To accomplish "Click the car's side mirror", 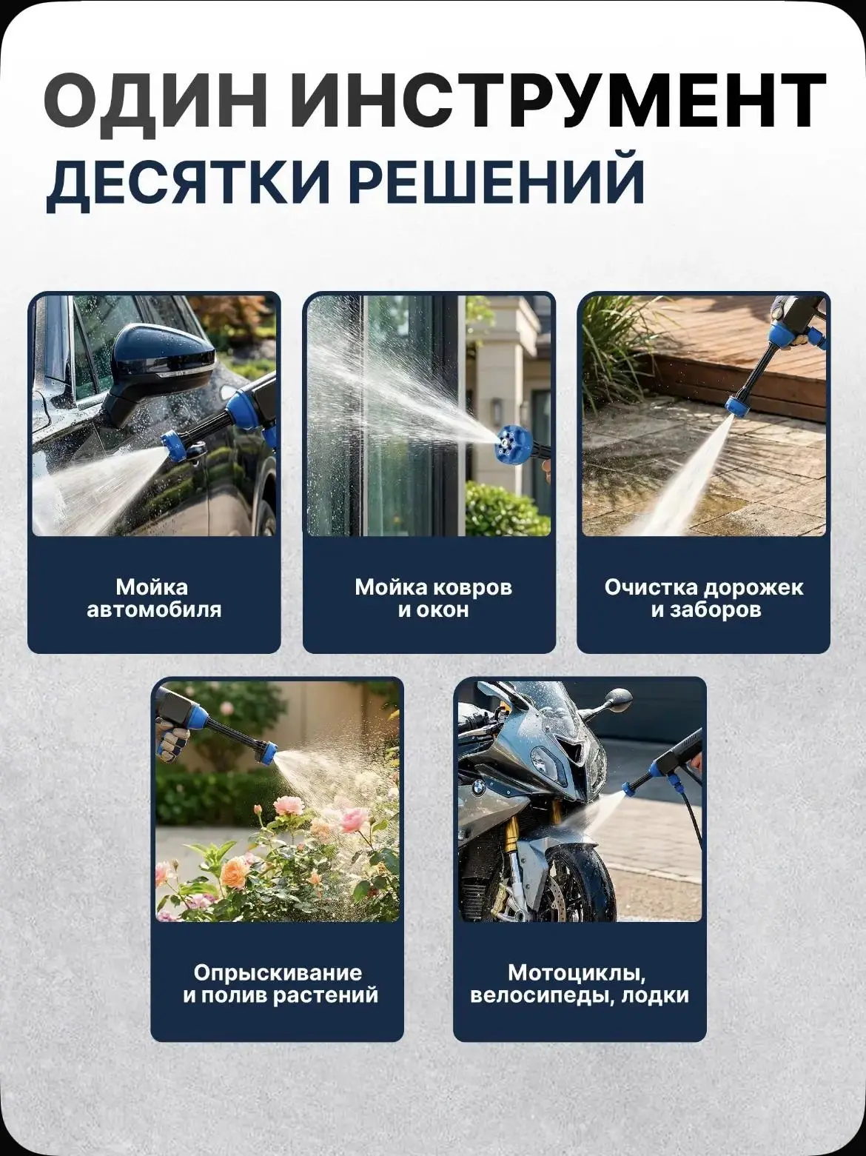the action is tap(158, 369).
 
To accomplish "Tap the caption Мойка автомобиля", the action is tap(154, 598).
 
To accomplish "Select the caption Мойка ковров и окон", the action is tap(433, 598).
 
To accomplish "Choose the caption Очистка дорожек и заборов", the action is tap(704, 598).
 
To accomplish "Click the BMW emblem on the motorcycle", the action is tap(477, 789).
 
